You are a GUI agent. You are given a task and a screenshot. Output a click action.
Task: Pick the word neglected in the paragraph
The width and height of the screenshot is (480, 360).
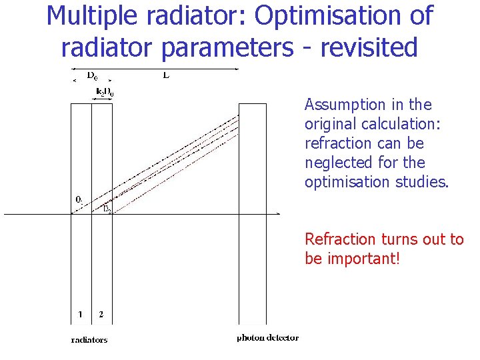337,163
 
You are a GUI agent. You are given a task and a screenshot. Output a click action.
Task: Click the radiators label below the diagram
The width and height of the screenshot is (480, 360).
89,339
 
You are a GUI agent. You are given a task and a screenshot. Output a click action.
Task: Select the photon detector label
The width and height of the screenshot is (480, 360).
267,338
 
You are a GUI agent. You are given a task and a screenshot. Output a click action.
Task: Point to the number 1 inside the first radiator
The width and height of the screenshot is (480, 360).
80,314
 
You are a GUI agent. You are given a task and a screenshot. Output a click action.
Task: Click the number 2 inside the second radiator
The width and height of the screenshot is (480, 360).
101,314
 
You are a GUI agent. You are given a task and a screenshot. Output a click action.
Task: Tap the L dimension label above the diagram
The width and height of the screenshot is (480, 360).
166,75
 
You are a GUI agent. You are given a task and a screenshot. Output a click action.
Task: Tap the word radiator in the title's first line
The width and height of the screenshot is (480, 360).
195,16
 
